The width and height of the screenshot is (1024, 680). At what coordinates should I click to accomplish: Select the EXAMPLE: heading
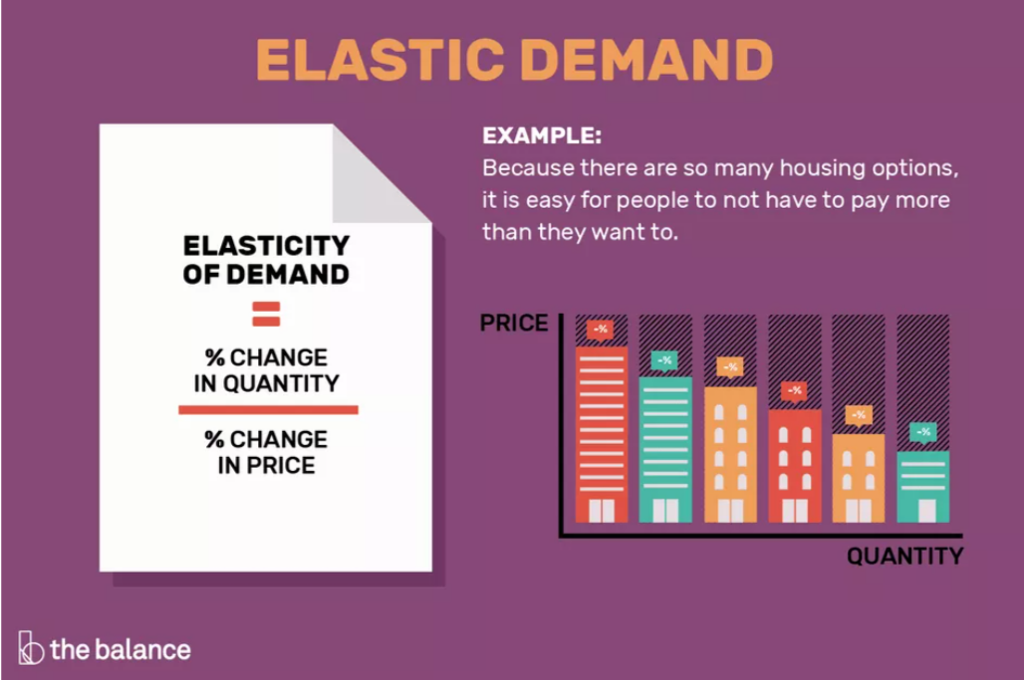pyautogui.click(x=541, y=134)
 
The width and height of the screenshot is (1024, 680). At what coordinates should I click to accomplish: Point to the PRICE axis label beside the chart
pyautogui.click(x=514, y=324)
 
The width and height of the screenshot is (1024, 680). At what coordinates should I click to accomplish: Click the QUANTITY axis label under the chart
pyautogui.click(x=904, y=557)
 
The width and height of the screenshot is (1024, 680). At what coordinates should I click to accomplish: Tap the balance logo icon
pyautogui.click(x=31, y=649)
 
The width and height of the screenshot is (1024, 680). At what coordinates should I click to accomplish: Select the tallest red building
pyautogui.click(x=602, y=433)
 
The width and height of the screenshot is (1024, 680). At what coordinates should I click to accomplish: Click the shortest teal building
pyautogui.click(x=922, y=486)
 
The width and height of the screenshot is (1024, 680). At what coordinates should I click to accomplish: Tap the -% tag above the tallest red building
pyautogui.click(x=601, y=329)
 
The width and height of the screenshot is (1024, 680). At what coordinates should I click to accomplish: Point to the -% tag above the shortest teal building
pyautogui.click(x=923, y=432)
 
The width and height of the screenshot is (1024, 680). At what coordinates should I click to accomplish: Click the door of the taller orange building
pyautogui.click(x=730, y=510)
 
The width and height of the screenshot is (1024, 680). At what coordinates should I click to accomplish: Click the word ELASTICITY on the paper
pyautogui.click(x=266, y=245)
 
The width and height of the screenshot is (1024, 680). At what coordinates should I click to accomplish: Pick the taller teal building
pyautogui.click(x=665, y=448)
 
